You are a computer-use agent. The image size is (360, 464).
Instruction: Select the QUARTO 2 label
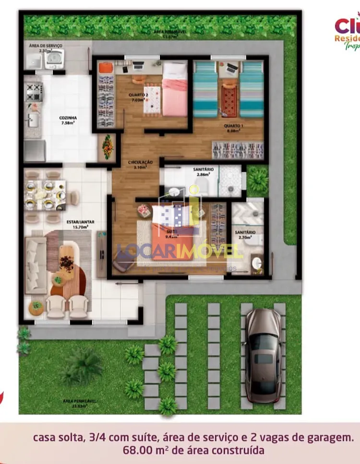tap(138, 95)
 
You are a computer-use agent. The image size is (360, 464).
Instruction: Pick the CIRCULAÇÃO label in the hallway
tap(141, 163)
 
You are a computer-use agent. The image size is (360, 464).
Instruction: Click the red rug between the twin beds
tap(229, 96)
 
